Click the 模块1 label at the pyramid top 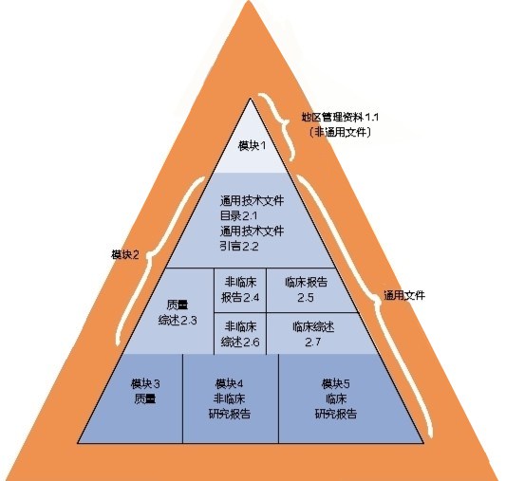click(252, 146)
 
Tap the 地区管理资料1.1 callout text click(340, 117)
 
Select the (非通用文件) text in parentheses click(340, 132)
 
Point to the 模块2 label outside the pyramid click(125, 254)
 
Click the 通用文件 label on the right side click(404, 295)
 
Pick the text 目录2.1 click(239, 215)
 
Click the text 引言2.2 click(239, 246)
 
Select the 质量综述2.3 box click(169, 311)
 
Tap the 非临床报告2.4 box click(240, 290)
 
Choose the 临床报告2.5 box click(309, 290)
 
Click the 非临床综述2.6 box click(240, 334)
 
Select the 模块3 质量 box click(136, 398)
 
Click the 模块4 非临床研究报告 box click(231, 398)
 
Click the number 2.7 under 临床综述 click(313, 342)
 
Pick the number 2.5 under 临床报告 click(306, 297)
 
